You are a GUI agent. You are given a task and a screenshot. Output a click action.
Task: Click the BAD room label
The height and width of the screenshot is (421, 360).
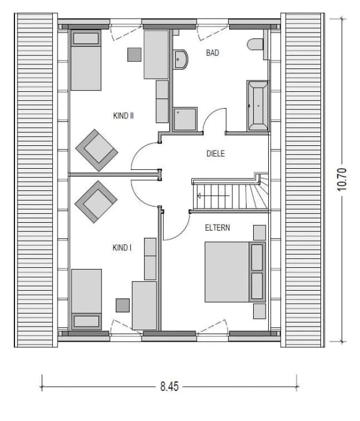pyautogui.click(x=212, y=53)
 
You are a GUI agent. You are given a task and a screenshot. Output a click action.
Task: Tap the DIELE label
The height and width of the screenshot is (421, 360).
pyautogui.click(x=215, y=154)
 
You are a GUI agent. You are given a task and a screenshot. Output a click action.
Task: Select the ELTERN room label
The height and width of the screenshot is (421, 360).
pyautogui.click(x=217, y=228)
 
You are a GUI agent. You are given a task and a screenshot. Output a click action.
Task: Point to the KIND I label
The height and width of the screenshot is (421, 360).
pyautogui.click(x=122, y=247)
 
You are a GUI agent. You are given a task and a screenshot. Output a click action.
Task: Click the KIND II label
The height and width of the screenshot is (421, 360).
pyautogui.click(x=124, y=116)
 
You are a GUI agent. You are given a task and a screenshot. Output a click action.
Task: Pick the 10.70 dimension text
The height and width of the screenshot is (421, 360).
pyautogui.click(x=342, y=180)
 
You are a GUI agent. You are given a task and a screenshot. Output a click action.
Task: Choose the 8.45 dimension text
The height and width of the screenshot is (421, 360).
pyautogui.click(x=169, y=387)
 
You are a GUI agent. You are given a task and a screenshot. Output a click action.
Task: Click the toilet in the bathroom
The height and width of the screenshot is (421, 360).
pyautogui.click(x=256, y=44)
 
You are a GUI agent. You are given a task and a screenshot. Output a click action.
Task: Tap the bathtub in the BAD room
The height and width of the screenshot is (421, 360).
pyautogui.click(x=257, y=105)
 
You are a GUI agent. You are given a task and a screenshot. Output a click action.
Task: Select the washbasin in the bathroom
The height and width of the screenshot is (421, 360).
pyautogui.click(x=180, y=59)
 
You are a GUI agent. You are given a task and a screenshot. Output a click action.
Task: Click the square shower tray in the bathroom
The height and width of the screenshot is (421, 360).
pyautogui.click(x=185, y=119)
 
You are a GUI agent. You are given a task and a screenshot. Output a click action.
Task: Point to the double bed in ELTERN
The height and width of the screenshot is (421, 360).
pyautogui.click(x=235, y=271)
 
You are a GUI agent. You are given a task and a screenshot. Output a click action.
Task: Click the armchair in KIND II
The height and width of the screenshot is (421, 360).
pyautogui.click(x=97, y=150)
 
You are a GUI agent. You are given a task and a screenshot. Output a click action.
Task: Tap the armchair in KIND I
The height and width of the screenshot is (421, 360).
pyautogui.click(x=96, y=202)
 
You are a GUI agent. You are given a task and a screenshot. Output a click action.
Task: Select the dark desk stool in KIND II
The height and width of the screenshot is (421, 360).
pyautogui.click(x=134, y=55)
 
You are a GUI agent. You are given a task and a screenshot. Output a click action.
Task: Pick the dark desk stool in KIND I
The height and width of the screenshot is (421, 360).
pyautogui.click(x=122, y=306)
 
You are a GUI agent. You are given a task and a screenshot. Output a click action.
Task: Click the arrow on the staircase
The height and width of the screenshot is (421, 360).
pyautogui.click(x=213, y=196)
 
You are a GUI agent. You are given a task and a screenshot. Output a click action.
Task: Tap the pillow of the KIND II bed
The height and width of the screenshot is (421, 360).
pyautogui.click(x=86, y=38)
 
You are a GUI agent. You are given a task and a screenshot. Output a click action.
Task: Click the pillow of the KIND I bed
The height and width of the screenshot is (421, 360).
pyautogui.click(x=86, y=321)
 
